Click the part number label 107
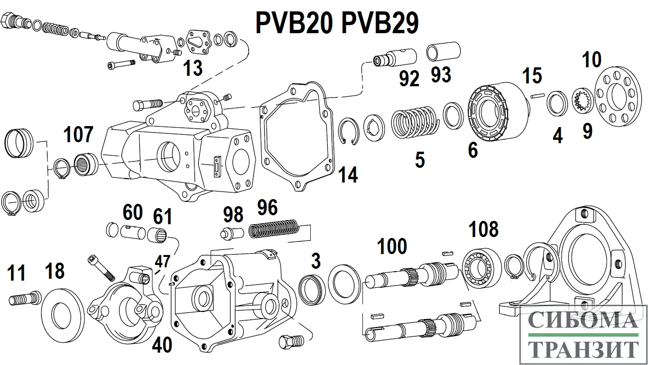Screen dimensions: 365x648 [78, 135]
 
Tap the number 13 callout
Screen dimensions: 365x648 [194, 68]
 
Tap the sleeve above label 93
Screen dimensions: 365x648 [444, 51]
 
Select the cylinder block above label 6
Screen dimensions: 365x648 [496, 113]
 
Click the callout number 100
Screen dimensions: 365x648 [392, 246]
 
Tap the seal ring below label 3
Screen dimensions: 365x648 [311, 289]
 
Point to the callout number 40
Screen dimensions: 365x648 [162, 345]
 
